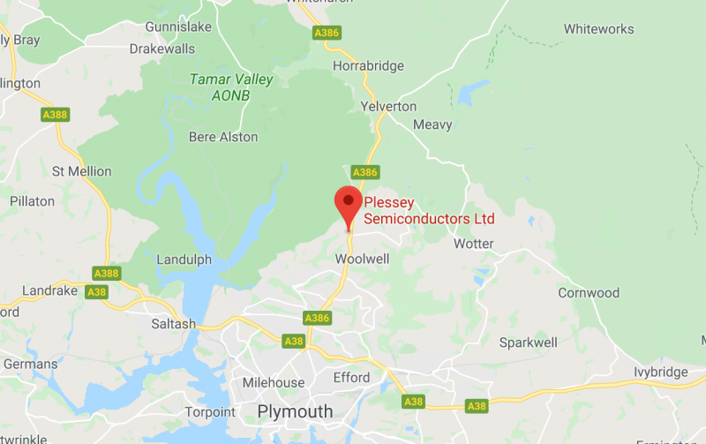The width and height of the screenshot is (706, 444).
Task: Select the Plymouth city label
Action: [x=295, y=412]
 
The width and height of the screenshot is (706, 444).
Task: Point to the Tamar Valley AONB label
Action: [x=231, y=87]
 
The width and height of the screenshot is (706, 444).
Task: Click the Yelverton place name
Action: [x=388, y=106]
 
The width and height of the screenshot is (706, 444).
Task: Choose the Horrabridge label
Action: [x=368, y=66]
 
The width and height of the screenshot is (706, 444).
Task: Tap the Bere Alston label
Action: [x=223, y=137]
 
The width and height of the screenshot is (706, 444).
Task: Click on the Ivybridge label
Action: [x=661, y=373]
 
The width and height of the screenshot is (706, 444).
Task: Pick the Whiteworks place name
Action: [x=598, y=29]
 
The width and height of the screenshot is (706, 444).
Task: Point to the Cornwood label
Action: [x=589, y=293]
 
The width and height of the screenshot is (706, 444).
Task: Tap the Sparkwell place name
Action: [x=528, y=342]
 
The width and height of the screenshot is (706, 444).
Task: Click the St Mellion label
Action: [x=82, y=170]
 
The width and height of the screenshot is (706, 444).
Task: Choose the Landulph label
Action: [x=184, y=260]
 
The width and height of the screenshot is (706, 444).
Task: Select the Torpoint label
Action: [x=210, y=412]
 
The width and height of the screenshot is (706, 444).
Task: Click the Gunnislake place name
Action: [x=179, y=26]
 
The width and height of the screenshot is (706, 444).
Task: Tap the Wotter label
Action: [x=473, y=244]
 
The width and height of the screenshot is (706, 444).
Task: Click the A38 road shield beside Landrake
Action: [x=96, y=291]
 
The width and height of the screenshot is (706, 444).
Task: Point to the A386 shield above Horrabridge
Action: [x=327, y=33]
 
